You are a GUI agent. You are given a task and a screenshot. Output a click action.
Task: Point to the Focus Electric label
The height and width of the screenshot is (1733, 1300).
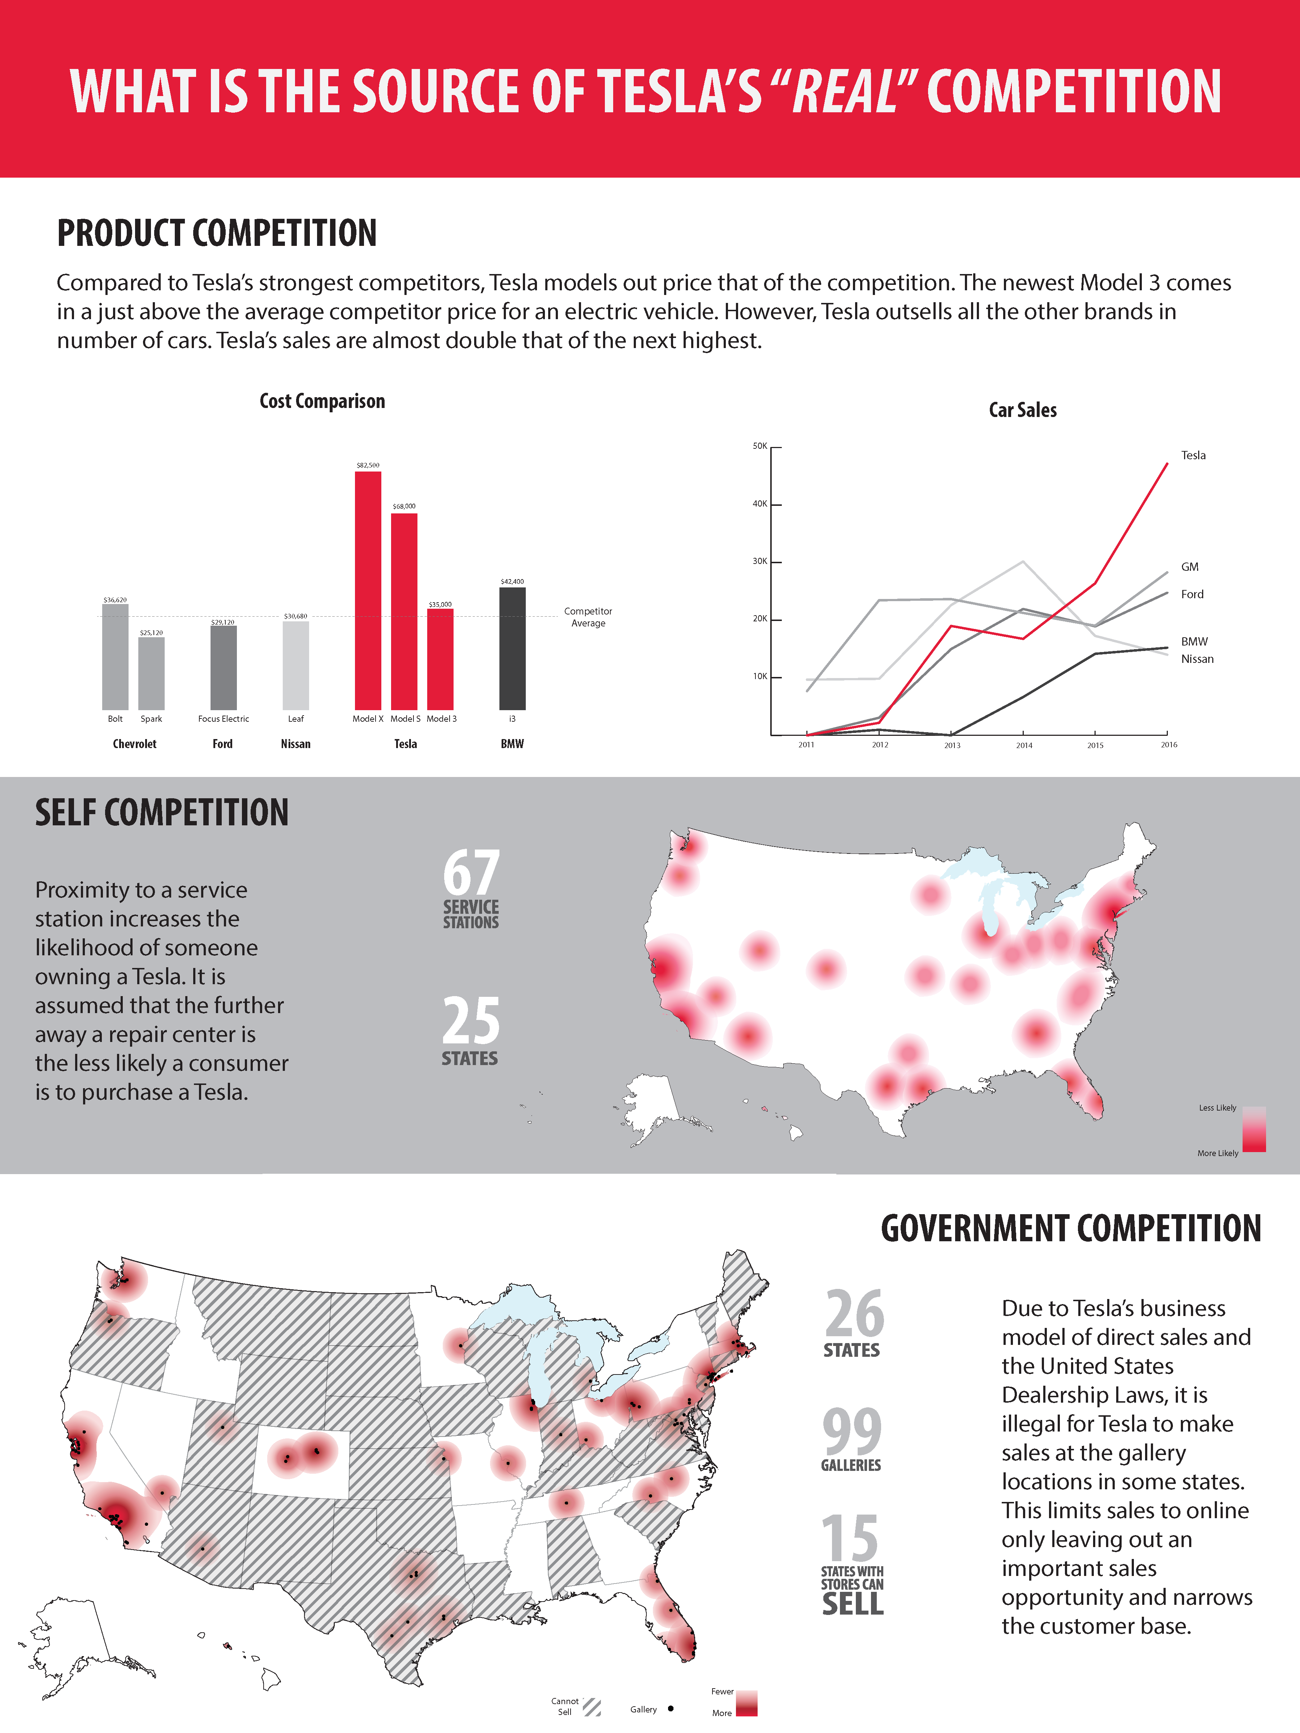tap(223, 718)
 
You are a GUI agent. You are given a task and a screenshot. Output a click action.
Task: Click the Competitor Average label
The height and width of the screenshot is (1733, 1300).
tap(588, 617)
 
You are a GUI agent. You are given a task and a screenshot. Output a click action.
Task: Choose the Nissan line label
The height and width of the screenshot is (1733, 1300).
tap(1197, 659)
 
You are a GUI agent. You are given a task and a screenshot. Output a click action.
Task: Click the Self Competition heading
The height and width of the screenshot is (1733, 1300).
tap(161, 812)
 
